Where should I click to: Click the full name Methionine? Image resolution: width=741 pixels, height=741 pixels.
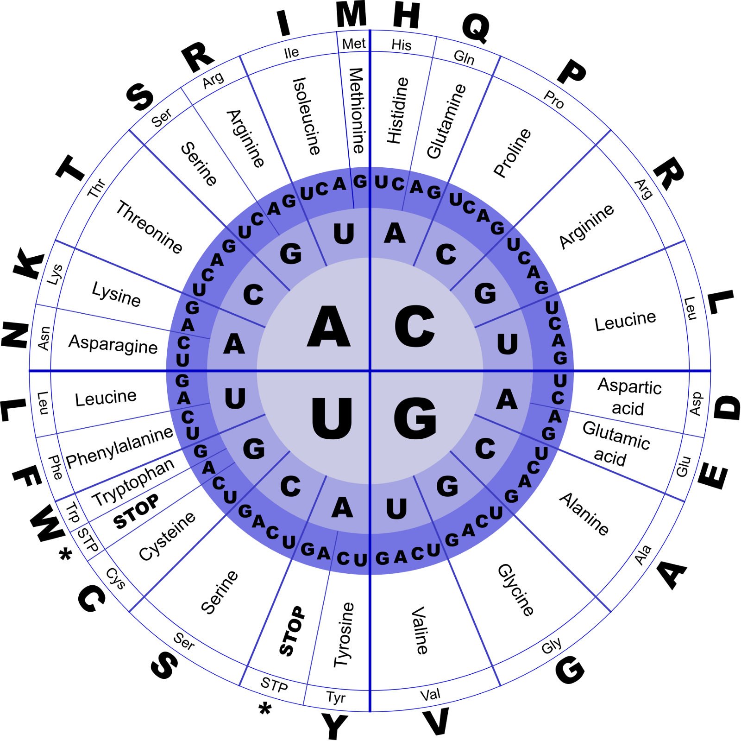pos(357,110)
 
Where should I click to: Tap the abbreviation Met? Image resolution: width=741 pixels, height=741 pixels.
pos(354,44)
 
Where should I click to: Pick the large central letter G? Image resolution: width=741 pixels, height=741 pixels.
pos(415,418)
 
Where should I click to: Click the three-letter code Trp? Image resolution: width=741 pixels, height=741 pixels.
pos(73,513)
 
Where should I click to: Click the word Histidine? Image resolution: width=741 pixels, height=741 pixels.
pos(397,110)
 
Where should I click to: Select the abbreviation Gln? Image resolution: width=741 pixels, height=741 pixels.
pos(464,57)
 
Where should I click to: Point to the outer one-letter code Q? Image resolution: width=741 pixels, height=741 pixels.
pos(476,28)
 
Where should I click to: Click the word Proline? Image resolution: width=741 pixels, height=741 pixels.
pos(512,153)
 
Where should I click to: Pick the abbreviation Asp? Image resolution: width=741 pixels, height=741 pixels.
pos(696,404)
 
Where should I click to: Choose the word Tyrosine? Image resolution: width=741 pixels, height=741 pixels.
pos(344,635)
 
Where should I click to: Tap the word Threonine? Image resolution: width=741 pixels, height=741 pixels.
pos(149,227)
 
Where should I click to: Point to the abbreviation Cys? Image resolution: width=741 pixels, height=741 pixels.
pos(115,578)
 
